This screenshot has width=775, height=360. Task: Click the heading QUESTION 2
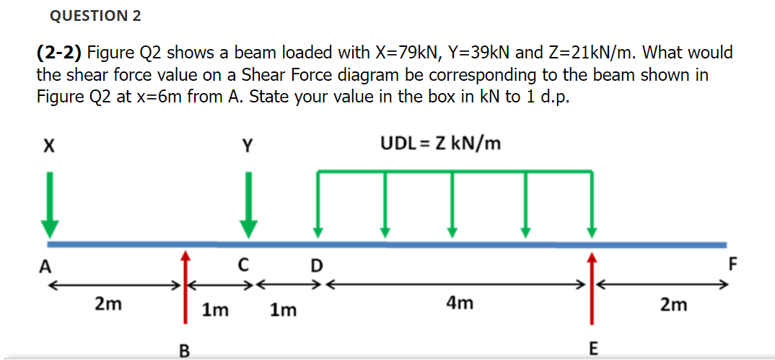click(95, 15)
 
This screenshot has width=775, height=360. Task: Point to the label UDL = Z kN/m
click(440, 144)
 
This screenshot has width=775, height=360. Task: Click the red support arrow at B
click(185, 289)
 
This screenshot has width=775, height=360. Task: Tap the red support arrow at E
click(592, 289)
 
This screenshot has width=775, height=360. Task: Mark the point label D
click(315, 265)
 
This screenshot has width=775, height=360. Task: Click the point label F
click(733, 264)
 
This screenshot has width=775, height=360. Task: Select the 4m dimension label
click(460, 304)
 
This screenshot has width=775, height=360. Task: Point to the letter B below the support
click(185, 351)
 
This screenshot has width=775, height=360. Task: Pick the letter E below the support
click(593, 350)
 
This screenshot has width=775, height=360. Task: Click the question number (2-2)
click(59, 53)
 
